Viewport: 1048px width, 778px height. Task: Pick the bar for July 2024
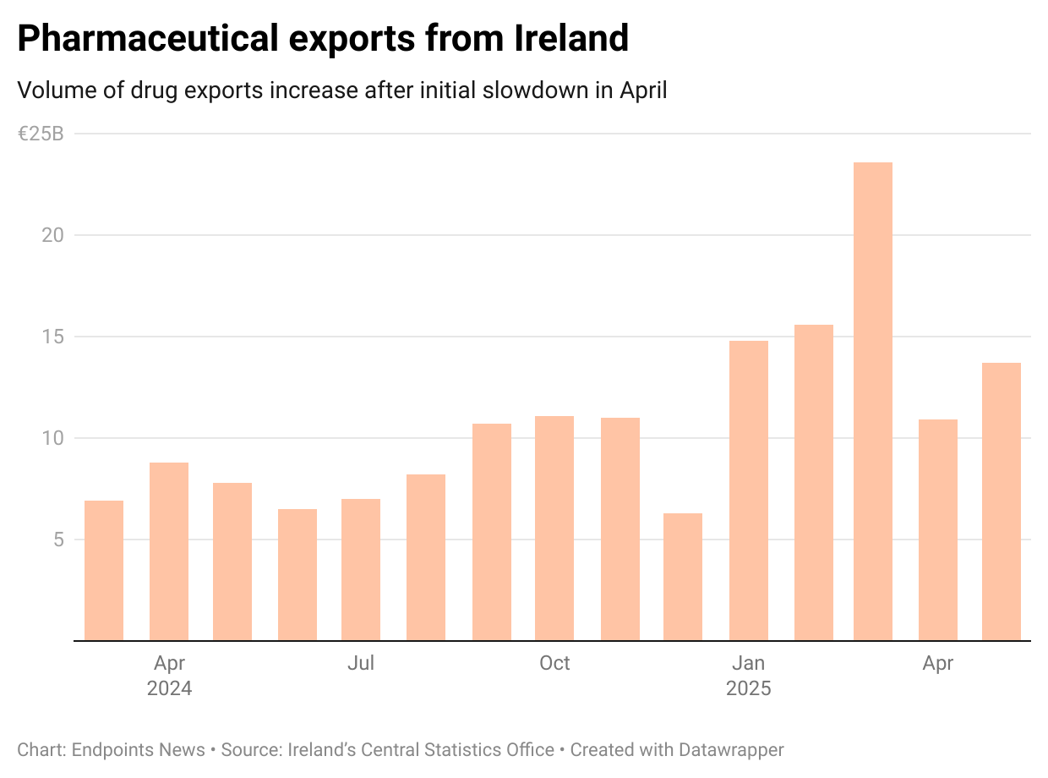click(x=361, y=570)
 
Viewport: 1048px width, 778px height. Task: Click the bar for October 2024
click(x=554, y=529)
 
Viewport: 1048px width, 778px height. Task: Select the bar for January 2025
click(x=749, y=490)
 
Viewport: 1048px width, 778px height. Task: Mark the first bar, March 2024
click(x=104, y=571)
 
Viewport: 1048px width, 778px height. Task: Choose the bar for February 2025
click(x=814, y=482)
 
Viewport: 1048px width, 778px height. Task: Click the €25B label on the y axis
click(x=40, y=134)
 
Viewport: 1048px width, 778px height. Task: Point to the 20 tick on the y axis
click(x=52, y=235)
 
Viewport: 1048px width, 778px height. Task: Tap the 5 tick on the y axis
click(x=57, y=540)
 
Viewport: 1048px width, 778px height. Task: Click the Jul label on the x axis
click(x=361, y=664)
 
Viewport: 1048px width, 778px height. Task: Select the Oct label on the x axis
click(x=554, y=664)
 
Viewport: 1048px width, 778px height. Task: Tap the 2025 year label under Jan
click(x=749, y=688)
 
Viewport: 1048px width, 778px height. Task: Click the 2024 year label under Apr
click(x=169, y=688)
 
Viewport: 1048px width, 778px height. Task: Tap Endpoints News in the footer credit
click(x=138, y=750)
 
